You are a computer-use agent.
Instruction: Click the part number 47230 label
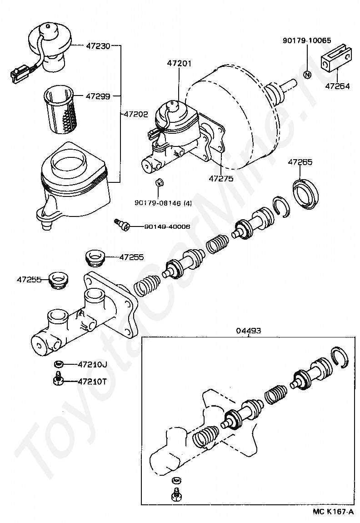(98, 45)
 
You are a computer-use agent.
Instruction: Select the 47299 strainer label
(98, 96)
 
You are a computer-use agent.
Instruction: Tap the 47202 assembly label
(135, 114)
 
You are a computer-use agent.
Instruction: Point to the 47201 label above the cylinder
(180, 63)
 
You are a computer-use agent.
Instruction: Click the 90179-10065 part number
(307, 40)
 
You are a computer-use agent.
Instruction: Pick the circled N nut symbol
(308, 75)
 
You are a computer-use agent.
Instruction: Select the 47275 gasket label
(221, 178)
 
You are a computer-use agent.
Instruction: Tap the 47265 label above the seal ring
(300, 162)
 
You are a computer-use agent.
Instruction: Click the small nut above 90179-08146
(159, 183)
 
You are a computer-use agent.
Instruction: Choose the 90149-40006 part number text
(167, 227)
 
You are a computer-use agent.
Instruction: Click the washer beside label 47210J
(59, 363)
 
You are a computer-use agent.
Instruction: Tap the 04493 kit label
(249, 331)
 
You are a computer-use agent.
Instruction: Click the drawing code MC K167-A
(333, 511)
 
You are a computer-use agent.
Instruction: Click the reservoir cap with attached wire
(50, 46)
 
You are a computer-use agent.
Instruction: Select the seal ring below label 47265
(305, 193)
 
